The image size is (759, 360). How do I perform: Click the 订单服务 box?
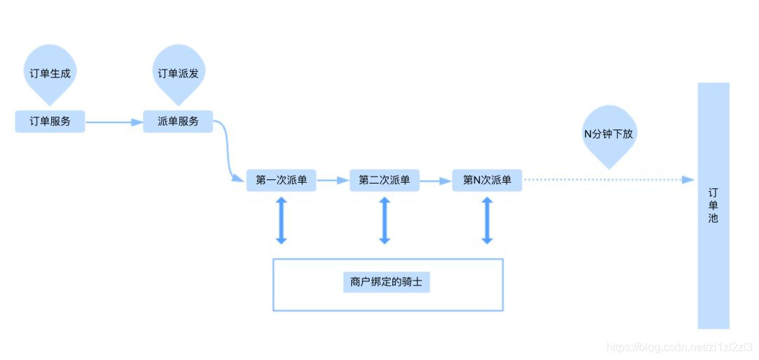[50, 121]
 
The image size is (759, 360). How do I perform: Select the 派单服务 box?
[178, 121]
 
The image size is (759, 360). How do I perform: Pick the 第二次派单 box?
[384, 180]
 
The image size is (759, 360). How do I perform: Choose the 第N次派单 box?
[487, 180]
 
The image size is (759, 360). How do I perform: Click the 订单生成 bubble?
[50, 73]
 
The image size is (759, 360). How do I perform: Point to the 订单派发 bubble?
[178, 73]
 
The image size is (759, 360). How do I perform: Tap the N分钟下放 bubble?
[609, 134]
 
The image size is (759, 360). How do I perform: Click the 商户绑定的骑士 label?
[387, 283]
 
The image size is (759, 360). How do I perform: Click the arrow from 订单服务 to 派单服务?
[114, 122]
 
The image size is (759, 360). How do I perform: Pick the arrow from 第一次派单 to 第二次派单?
[332, 181]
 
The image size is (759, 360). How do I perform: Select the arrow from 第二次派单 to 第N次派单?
[435, 181]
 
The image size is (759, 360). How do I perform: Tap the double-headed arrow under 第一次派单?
[281, 220]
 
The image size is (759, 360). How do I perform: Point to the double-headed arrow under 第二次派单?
[384, 220]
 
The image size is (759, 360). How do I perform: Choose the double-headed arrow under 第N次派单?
[487, 220]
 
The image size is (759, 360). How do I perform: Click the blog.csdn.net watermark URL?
[679, 347]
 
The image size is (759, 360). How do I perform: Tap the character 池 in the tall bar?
[713, 218]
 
